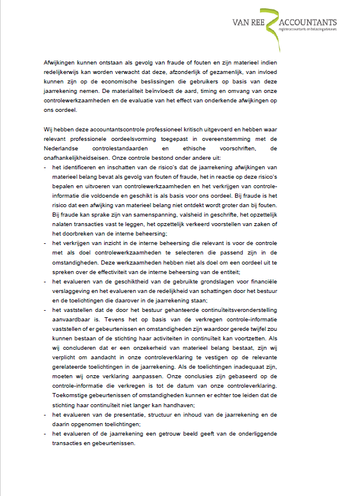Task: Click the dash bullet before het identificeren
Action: point(46,168)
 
